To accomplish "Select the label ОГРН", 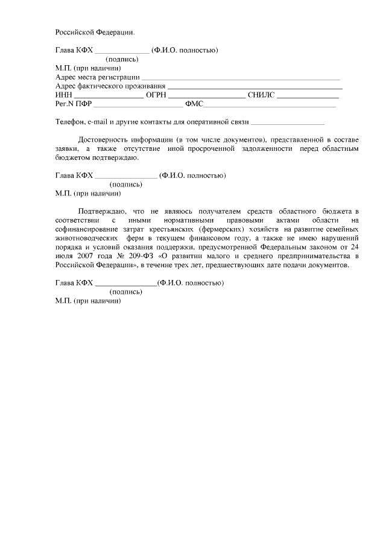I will [x=156, y=95].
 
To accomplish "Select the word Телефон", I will [x=70, y=122].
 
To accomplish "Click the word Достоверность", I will [x=103, y=139].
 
